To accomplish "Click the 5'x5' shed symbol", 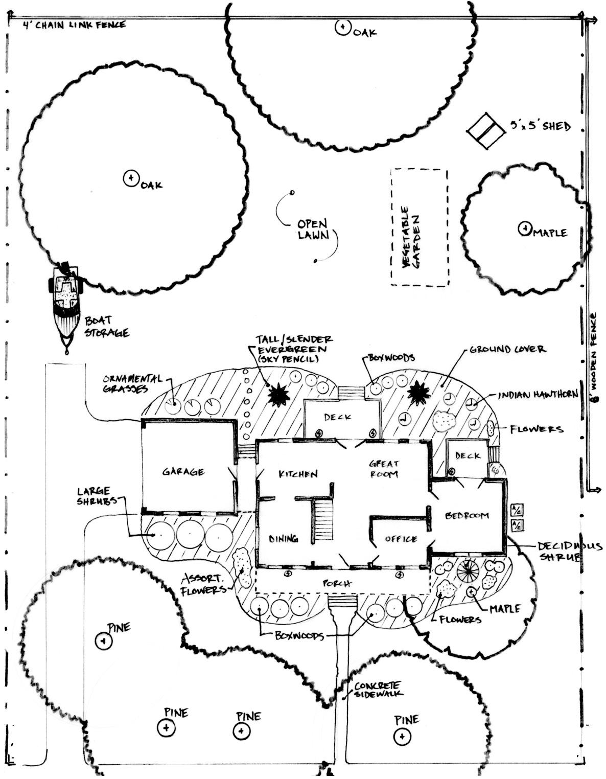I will pos(485,131).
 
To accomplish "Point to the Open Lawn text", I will pos(313,230).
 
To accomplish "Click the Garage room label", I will pos(183,471).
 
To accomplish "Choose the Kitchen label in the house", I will pos(298,474).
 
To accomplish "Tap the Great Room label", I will pos(384,469).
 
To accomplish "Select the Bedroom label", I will pos(467,515).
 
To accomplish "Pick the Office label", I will pos(401,539).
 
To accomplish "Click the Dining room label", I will pos(284,538).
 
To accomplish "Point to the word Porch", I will pos(337,583).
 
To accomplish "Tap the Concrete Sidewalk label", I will pos(378,690).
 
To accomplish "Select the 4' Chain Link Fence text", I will pos(74,25).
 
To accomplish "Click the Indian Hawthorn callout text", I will pos(538,394).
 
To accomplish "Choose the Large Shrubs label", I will pos(94,496).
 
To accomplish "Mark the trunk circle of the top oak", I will pos(342,27).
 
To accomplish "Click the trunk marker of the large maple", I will pos(525,228).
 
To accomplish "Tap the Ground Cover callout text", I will pos(507,350).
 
